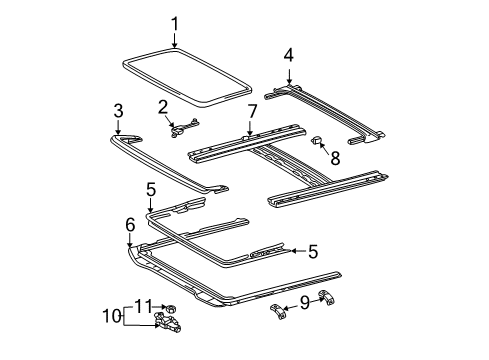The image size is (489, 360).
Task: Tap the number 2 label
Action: (x=162, y=107)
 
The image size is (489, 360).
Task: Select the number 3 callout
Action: (x=118, y=110)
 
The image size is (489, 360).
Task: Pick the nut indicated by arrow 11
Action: (x=171, y=306)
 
